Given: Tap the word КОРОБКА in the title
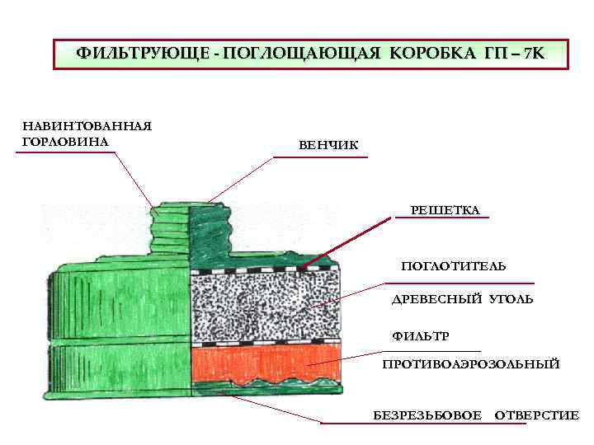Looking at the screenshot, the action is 429,54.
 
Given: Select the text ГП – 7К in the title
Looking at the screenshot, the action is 510,54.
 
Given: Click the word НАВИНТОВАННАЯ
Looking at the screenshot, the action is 87,126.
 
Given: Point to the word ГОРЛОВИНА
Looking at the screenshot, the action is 65,141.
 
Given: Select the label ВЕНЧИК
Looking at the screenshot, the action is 328,146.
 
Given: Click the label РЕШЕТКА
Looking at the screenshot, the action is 445,210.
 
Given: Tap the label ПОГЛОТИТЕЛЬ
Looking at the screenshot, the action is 454,266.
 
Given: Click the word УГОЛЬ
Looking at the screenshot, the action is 511,299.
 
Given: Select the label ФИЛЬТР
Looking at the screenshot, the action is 420,336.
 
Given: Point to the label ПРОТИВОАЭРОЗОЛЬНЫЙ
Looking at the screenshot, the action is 471,363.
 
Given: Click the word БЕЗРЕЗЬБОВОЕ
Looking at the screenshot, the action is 427,415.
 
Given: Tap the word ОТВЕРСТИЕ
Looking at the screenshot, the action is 536,415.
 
